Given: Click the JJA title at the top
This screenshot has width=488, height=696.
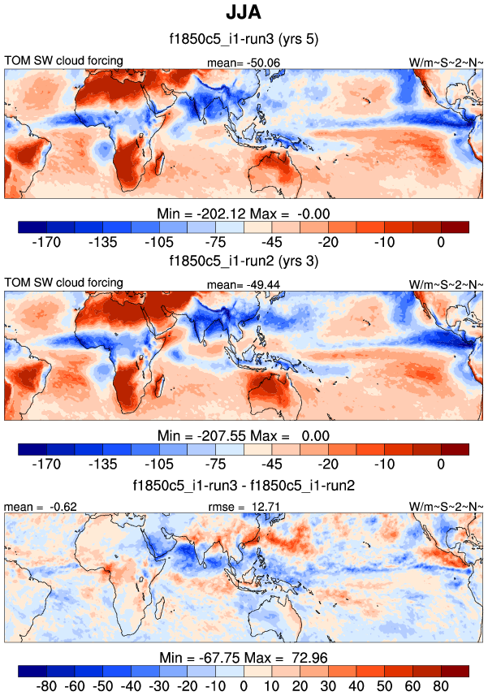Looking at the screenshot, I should [244, 14].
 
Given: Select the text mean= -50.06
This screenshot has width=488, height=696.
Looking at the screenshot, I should [244, 62].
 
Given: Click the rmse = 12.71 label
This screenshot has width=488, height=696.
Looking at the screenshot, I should [244, 506].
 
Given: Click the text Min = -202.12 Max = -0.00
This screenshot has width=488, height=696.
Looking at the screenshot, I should [244, 213].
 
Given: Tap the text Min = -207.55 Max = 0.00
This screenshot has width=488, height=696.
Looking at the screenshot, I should [244, 434].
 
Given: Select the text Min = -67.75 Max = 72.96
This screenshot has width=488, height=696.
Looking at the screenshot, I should [244, 656].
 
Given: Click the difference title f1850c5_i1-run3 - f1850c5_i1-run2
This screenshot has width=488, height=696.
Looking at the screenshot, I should [244, 484].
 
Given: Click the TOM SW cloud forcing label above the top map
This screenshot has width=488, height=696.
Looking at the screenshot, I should [64, 61].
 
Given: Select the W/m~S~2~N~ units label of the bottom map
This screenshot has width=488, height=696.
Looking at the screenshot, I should [447, 506].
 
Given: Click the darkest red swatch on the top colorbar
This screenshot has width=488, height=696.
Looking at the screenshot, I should [455, 227].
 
